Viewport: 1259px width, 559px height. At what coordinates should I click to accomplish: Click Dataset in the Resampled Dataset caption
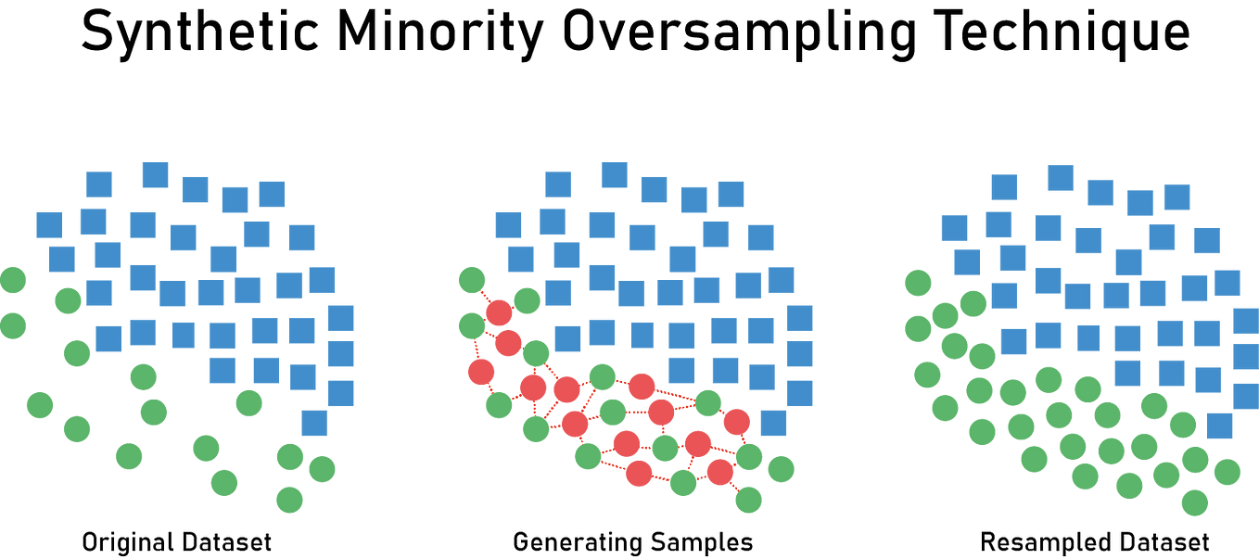click(1163, 541)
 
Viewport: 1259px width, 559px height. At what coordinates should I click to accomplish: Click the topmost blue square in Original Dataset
click(155, 174)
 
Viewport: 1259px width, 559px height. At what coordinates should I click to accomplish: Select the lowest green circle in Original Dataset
click(289, 500)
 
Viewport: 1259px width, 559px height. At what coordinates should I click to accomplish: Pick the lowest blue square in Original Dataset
click(314, 423)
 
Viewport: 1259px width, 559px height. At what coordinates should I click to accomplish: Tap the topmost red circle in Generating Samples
click(499, 311)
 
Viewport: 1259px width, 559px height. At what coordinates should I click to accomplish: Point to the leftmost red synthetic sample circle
click(480, 373)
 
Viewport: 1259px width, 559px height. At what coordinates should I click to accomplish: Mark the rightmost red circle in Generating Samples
click(736, 422)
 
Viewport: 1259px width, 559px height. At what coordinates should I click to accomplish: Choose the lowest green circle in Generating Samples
click(748, 500)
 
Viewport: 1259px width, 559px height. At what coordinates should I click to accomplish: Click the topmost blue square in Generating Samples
click(614, 174)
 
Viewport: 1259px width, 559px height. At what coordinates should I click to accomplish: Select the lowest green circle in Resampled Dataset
click(1195, 503)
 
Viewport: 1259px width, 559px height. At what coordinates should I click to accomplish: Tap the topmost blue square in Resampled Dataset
click(1060, 177)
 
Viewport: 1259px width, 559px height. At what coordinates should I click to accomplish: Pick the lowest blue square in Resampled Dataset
click(1219, 426)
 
